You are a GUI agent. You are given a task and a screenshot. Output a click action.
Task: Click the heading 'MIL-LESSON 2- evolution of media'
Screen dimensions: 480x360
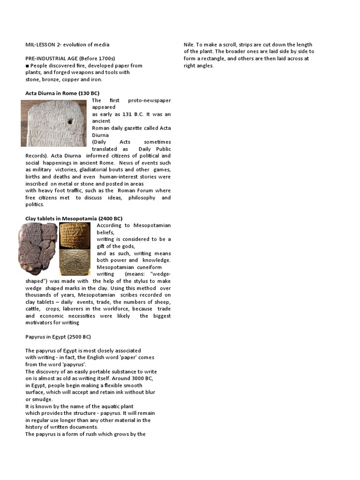pyautogui.click(x=67, y=45)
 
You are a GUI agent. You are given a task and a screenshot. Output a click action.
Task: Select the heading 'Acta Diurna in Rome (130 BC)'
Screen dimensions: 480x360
pyautogui.click(x=62, y=93)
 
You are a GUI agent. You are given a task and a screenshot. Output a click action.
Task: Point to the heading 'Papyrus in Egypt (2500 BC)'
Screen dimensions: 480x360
pyautogui.click(x=58, y=337)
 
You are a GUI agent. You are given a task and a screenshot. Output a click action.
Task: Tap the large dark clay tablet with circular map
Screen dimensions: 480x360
pyautogui.click(x=38, y=248)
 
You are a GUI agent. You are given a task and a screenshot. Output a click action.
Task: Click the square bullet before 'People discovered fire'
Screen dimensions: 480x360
pyautogui.click(x=27, y=66)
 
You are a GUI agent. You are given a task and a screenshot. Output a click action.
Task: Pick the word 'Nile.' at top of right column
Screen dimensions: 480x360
pyautogui.click(x=190, y=45)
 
